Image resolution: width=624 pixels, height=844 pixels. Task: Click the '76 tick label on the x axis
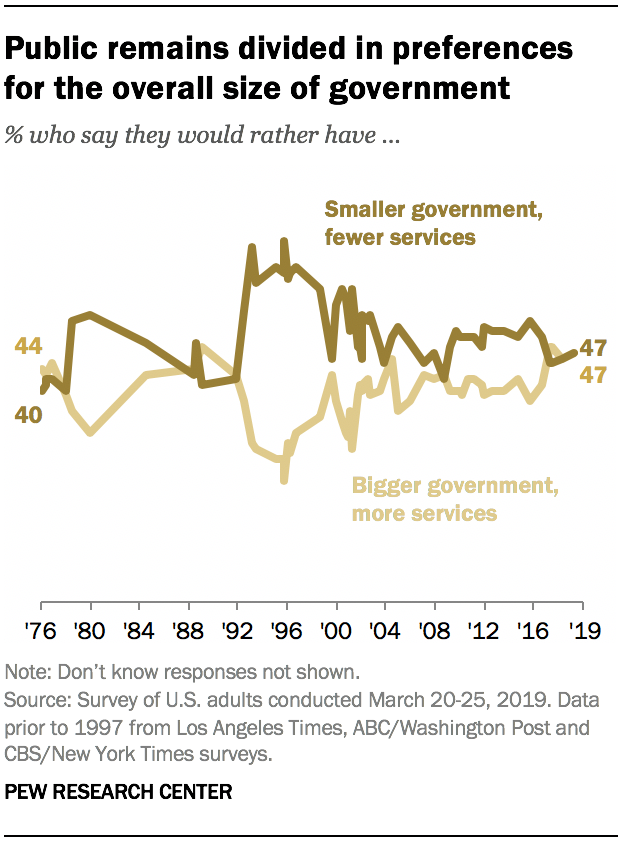click(41, 632)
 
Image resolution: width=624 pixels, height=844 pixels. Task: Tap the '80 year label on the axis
click(90, 632)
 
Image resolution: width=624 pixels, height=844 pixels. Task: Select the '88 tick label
click(188, 632)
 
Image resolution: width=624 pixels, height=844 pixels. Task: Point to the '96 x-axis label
click(286, 632)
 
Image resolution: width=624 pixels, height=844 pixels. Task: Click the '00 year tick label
click(335, 632)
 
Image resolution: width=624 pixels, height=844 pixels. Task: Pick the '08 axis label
click(434, 632)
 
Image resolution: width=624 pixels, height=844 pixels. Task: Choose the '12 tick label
click(483, 632)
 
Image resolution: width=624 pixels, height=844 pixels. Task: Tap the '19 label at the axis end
click(581, 632)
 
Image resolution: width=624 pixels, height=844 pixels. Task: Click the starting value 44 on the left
click(27, 346)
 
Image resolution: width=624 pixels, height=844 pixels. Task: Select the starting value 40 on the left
click(27, 413)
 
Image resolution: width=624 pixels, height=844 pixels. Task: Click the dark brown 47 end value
click(594, 349)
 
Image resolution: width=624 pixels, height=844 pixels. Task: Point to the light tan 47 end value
click(594, 375)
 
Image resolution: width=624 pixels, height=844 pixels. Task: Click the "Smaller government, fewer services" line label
click(399, 223)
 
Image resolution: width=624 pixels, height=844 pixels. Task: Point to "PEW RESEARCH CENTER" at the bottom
click(119, 792)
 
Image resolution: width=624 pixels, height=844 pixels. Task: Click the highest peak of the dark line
click(284, 241)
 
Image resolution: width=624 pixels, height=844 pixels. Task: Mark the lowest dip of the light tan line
click(284, 480)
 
